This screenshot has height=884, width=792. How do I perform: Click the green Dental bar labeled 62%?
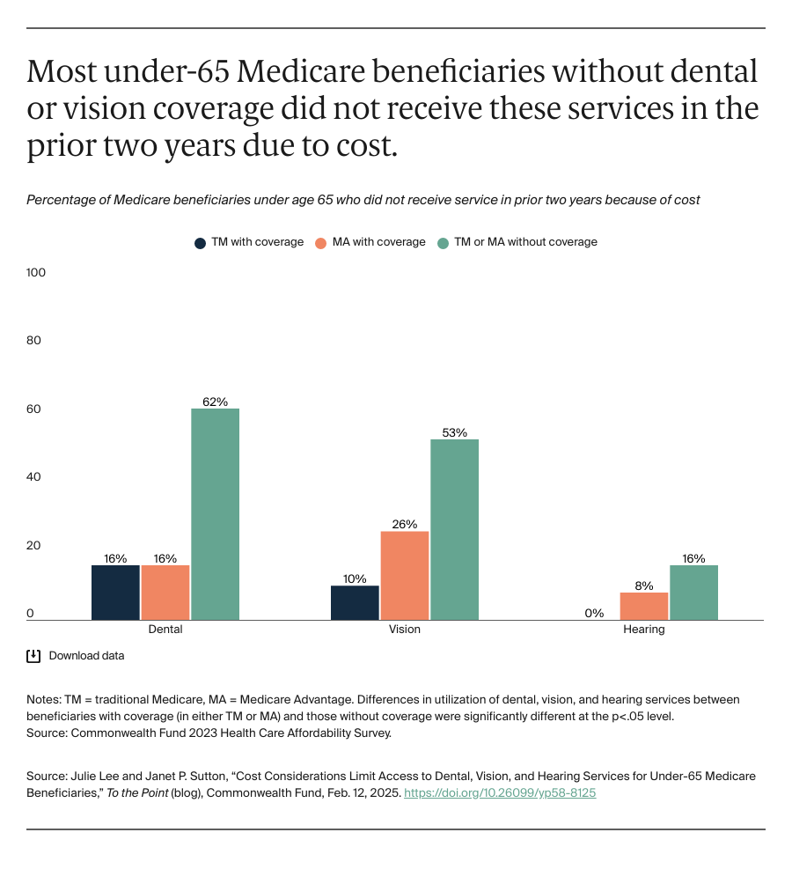pyautogui.click(x=215, y=514)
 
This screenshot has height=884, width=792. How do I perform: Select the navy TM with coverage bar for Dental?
pyautogui.click(x=115, y=593)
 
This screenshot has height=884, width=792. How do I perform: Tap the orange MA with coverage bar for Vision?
pyautogui.click(x=405, y=576)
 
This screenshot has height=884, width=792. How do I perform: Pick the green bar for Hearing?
pyautogui.click(x=693, y=593)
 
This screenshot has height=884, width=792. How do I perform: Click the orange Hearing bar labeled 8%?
pyautogui.click(x=644, y=607)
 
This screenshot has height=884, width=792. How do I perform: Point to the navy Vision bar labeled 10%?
pyautogui.click(x=356, y=603)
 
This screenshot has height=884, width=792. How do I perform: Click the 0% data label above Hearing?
pyautogui.click(x=594, y=613)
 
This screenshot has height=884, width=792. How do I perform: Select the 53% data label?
pyautogui.click(x=454, y=431)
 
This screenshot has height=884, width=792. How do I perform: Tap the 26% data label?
pyautogui.click(x=405, y=524)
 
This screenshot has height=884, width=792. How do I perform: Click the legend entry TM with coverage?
pyautogui.click(x=249, y=242)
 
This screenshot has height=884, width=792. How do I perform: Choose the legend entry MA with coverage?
pyautogui.click(x=370, y=242)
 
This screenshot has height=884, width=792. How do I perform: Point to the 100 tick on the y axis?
pyautogui.click(x=36, y=273)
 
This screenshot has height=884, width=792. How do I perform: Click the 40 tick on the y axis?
pyautogui.click(x=34, y=477)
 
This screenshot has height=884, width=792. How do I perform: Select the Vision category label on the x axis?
pyautogui.click(x=405, y=630)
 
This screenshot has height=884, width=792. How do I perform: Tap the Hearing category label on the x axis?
pyautogui.click(x=644, y=630)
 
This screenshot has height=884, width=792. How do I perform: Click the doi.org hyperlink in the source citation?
pyautogui.click(x=500, y=792)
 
